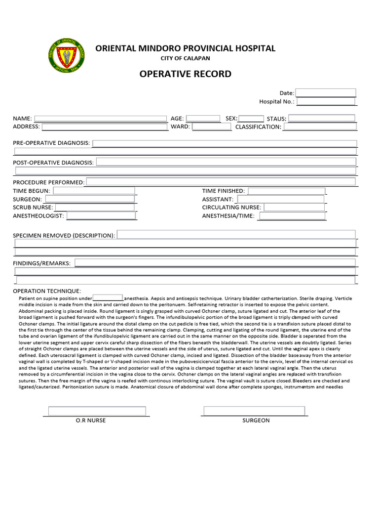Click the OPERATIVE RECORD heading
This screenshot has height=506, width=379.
(185, 74)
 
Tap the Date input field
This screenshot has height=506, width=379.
(325, 93)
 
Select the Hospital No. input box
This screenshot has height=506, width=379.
(326, 101)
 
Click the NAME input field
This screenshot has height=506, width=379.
(100, 119)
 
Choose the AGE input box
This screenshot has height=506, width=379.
(203, 119)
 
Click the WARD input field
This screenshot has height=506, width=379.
(211, 126)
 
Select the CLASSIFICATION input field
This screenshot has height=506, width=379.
(319, 126)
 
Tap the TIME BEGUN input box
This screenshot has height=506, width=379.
(94, 191)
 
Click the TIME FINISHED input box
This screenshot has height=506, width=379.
(286, 191)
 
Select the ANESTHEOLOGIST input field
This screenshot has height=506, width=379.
(101, 215)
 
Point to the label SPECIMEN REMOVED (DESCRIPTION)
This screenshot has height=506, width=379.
(64, 235)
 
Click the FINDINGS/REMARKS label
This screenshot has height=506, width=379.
(41, 263)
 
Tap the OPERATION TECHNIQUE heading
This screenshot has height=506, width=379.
(47, 291)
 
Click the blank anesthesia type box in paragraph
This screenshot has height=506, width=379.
(108, 298)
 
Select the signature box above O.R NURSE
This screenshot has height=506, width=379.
(97, 411)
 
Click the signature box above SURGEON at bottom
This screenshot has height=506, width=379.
(254, 411)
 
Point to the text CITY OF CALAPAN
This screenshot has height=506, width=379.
(185, 58)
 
